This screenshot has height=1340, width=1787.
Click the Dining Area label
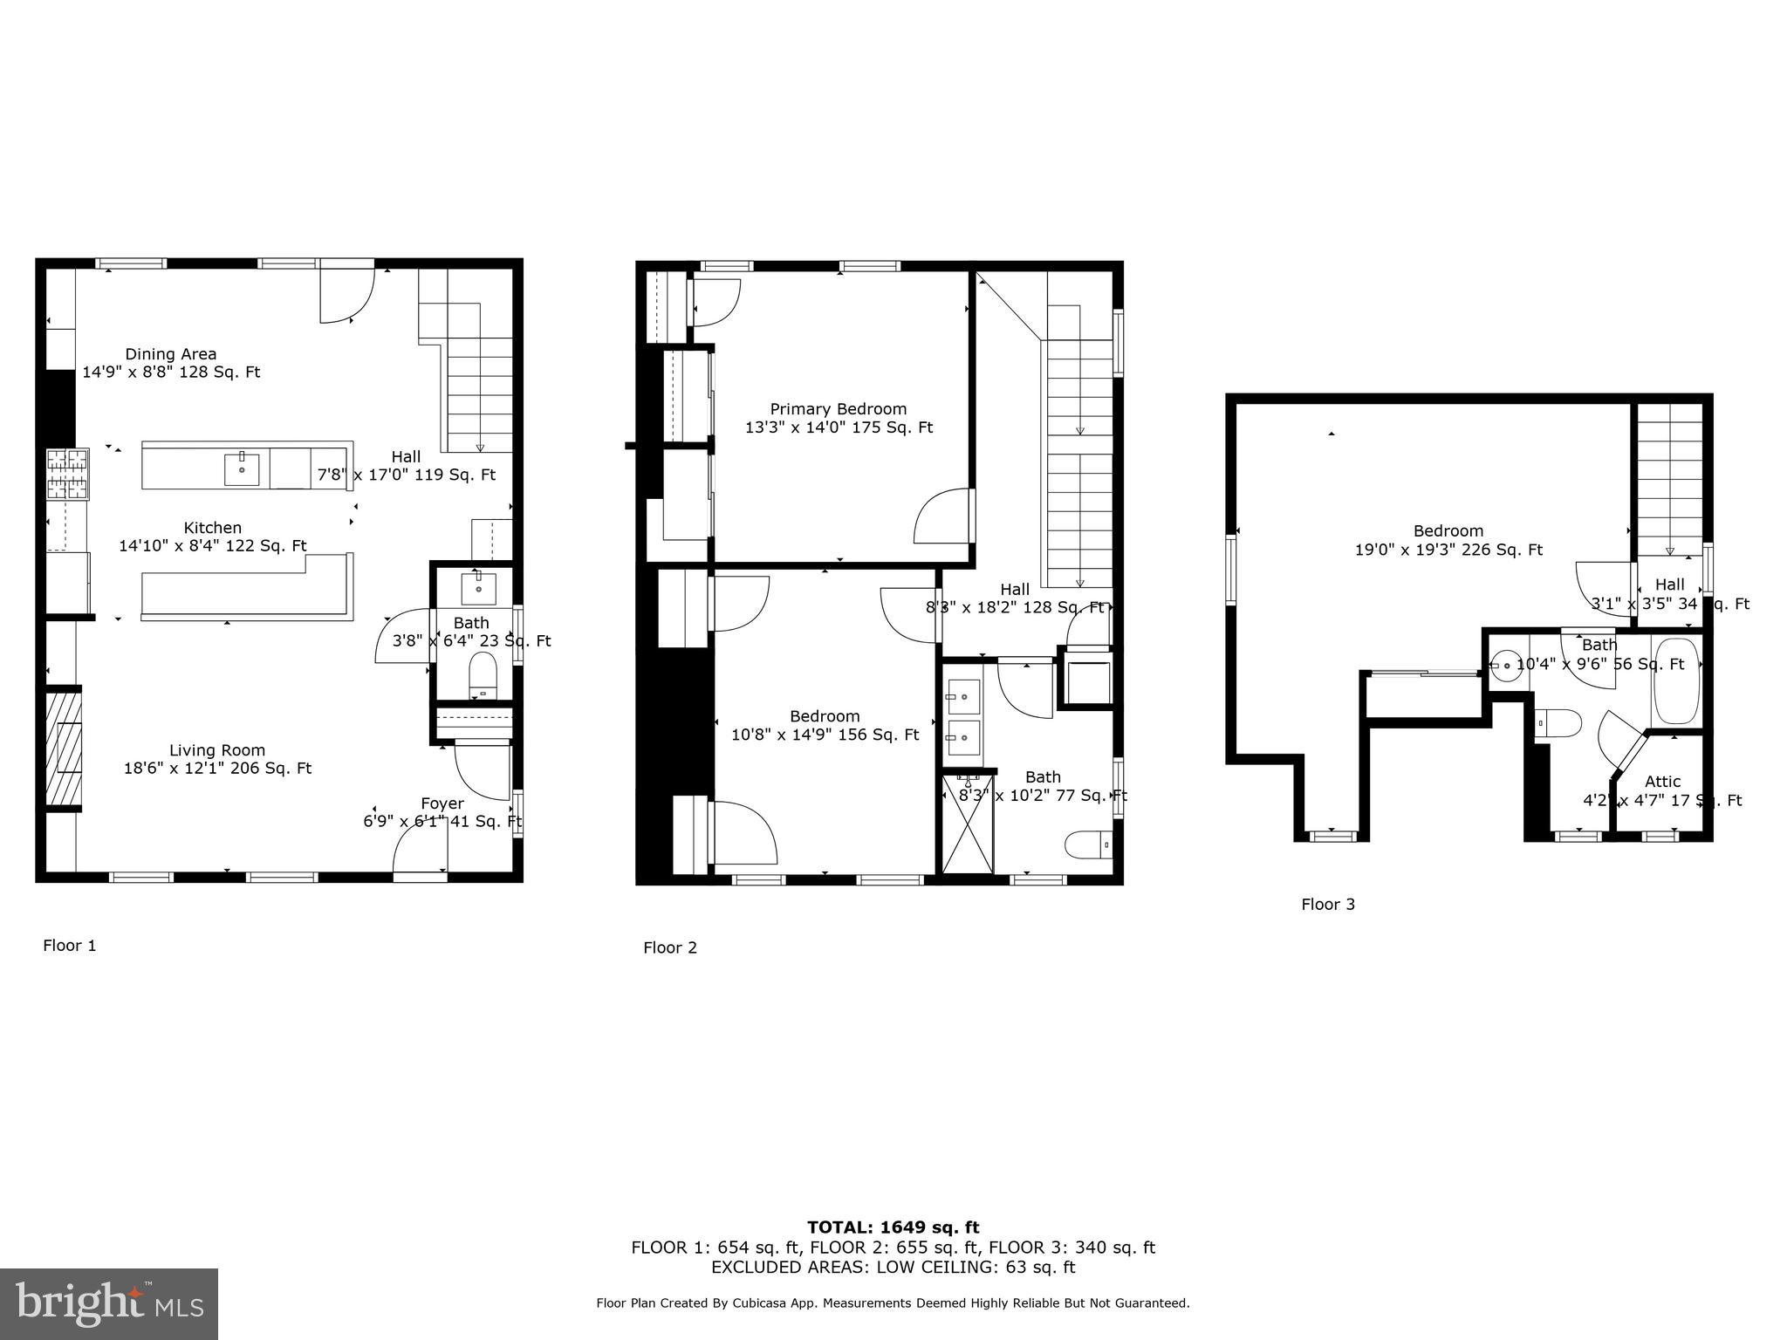click(x=171, y=354)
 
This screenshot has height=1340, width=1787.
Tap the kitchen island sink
click(x=242, y=469)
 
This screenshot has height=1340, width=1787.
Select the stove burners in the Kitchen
click(x=68, y=474)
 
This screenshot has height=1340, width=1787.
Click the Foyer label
click(x=442, y=803)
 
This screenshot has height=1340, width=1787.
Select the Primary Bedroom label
click(x=838, y=409)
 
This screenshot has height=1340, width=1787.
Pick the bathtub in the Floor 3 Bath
click(x=1676, y=681)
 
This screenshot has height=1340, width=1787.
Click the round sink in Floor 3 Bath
click(x=1505, y=667)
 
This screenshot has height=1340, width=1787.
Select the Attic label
click(x=1662, y=782)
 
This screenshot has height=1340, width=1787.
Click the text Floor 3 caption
click(x=1327, y=905)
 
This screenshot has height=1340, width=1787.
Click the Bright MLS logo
click(x=109, y=1304)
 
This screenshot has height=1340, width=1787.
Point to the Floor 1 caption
click(x=70, y=946)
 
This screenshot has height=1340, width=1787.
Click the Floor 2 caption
click(x=670, y=948)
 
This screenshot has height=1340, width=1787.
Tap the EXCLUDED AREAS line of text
click(x=893, y=1268)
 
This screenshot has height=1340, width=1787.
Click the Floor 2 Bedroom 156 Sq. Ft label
click(x=825, y=735)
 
